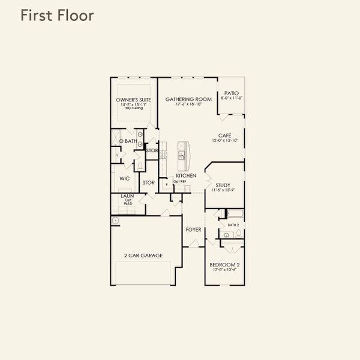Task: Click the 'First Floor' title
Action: click(57, 16)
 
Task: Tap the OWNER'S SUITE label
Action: click(133, 100)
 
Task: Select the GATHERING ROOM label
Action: click(188, 100)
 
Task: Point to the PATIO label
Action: click(231, 93)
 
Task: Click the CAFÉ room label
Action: click(224, 136)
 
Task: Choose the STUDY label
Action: click(223, 185)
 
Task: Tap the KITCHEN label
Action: click(186, 176)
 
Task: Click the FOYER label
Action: click(193, 229)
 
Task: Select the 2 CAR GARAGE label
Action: click(143, 256)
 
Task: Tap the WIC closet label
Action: click(125, 179)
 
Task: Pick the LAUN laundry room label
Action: click(127, 196)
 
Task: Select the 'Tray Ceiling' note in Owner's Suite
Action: click(133, 109)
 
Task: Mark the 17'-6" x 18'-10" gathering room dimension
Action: click(188, 104)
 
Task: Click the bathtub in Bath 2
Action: click(233, 214)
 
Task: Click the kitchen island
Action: click(182, 154)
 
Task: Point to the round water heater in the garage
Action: click(115, 220)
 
